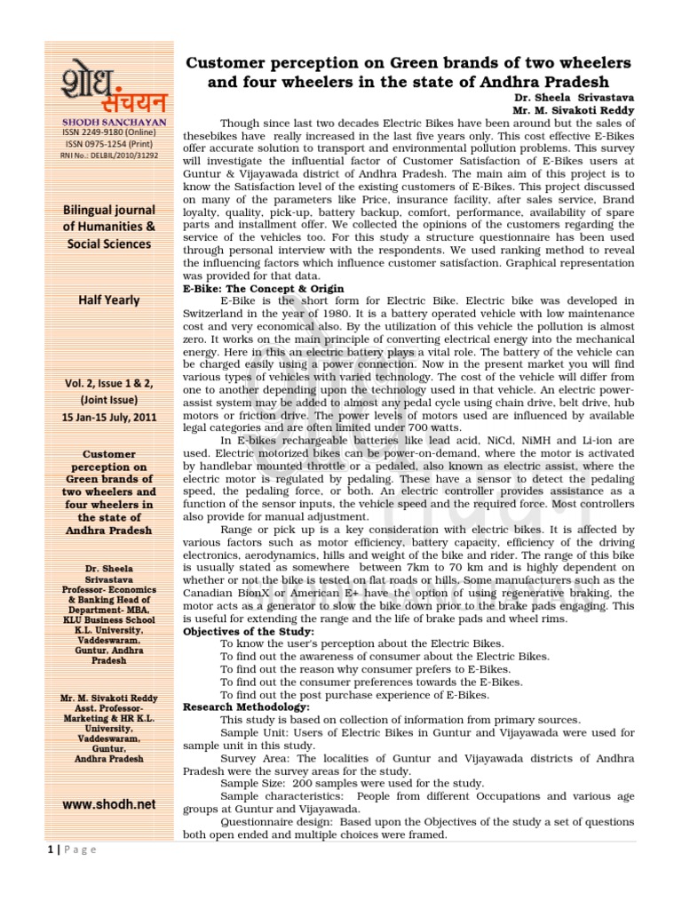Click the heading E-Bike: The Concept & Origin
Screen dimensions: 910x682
tap(263, 289)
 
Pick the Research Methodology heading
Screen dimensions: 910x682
tap(246, 706)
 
